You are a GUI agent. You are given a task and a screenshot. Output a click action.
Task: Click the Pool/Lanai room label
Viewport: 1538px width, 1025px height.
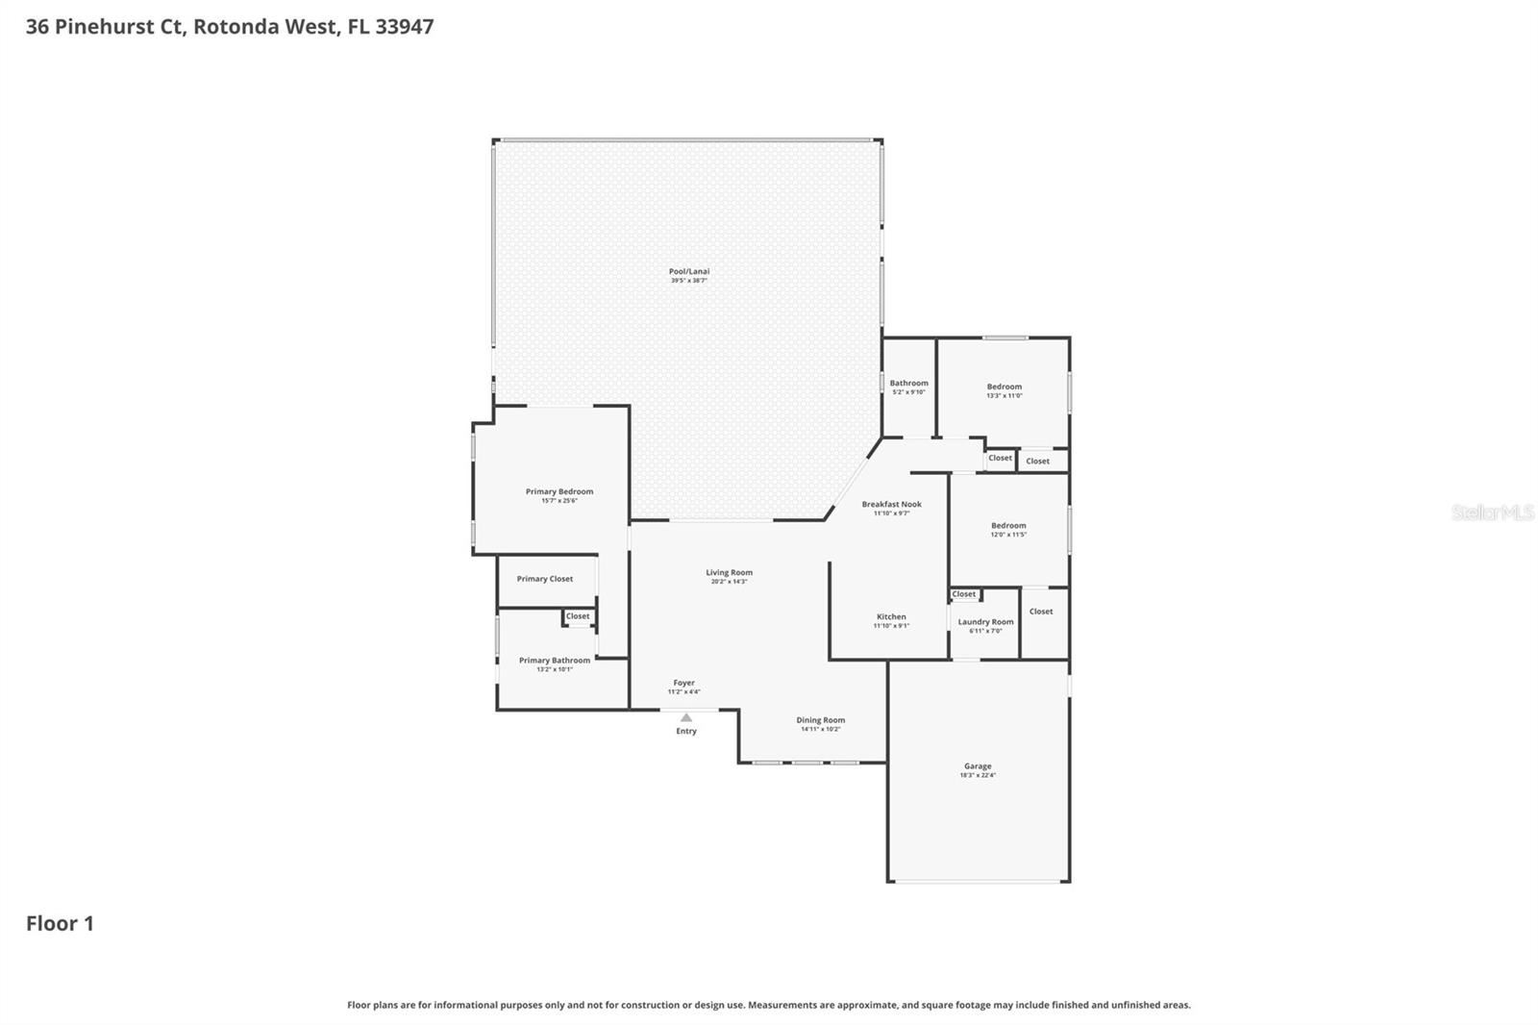click(x=689, y=272)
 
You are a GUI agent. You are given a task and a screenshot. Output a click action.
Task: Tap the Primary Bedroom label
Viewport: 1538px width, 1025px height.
click(x=559, y=491)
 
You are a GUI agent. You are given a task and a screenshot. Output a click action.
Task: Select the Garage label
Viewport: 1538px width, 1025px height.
click(x=978, y=766)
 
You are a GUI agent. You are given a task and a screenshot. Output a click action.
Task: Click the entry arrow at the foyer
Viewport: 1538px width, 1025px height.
click(x=685, y=717)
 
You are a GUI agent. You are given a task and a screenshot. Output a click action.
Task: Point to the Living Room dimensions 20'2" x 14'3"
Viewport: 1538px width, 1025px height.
click(x=729, y=582)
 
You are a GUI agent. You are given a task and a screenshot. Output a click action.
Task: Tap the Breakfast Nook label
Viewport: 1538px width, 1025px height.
click(x=891, y=504)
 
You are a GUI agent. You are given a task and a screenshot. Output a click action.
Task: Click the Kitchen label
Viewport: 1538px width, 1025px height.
click(x=891, y=616)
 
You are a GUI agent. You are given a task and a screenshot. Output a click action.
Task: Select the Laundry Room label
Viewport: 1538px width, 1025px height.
click(x=985, y=622)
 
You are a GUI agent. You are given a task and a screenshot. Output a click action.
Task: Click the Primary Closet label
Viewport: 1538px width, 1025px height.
click(x=545, y=579)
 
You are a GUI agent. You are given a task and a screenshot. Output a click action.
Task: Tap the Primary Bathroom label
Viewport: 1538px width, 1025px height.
click(x=555, y=661)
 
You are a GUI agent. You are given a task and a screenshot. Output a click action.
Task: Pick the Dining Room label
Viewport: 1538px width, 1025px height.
click(x=820, y=720)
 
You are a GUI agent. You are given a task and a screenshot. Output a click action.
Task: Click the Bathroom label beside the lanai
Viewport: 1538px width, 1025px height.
click(x=908, y=383)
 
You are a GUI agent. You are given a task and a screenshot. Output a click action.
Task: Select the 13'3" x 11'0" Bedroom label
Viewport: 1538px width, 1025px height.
click(x=1005, y=387)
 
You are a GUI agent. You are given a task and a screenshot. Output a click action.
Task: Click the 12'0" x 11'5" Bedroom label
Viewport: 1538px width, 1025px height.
click(x=1008, y=526)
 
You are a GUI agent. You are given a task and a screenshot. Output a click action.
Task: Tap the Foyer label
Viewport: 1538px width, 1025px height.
click(x=683, y=683)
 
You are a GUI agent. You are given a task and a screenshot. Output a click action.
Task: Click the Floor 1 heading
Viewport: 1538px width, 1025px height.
click(x=60, y=924)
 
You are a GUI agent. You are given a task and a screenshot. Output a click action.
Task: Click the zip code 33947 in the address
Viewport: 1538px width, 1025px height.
click(x=404, y=26)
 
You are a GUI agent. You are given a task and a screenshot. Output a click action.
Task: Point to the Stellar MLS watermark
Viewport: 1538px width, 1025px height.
click(x=1492, y=512)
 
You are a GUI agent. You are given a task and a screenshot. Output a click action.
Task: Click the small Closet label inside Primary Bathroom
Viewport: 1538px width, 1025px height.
click(x=578, y=616)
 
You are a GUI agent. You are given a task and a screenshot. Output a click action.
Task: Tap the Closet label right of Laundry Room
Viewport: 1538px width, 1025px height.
click(x=1041, y=612)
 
